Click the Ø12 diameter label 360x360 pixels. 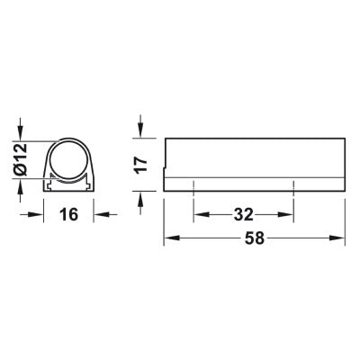(22, 159)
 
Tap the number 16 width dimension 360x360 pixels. (68, 214)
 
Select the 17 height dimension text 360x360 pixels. (141, 165)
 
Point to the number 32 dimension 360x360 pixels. (244, 214)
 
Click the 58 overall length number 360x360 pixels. (255, 238)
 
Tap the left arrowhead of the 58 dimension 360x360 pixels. (172, 238)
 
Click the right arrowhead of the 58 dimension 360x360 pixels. (337, 238)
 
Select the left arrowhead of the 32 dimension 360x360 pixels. (202, 214)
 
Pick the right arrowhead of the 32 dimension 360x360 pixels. (285, 214)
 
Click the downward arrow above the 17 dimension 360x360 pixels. (140, 126)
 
